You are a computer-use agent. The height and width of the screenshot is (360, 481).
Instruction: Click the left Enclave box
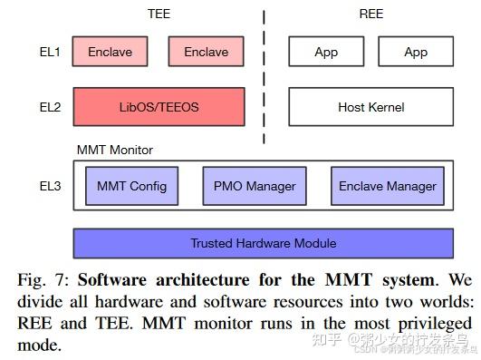(x=110, y=52)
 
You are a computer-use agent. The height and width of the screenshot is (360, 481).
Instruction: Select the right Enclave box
(x=206, y=52)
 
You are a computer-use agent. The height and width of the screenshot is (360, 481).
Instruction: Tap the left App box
(x=326, y=52)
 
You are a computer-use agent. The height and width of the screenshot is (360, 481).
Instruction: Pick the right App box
(x=416, y=52)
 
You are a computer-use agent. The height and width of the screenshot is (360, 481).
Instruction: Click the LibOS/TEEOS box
(x=159, y=107)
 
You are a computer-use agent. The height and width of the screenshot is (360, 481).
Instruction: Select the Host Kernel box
(x=370, y=107)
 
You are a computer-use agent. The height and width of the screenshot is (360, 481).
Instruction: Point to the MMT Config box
(x=131, y=186)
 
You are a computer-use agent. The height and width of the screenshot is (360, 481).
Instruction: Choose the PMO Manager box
(x=255, y=186)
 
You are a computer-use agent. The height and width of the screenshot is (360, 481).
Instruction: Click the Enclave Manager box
(x=387, y=186)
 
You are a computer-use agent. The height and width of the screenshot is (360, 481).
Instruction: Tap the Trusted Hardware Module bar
(x=263, y=243)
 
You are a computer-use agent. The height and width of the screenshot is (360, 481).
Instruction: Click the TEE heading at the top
(x=159, y=14)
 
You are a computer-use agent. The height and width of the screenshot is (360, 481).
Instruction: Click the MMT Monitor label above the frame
(x=114, y=150)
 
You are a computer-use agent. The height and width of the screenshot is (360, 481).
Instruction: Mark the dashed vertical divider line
(x=265, y=77)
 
